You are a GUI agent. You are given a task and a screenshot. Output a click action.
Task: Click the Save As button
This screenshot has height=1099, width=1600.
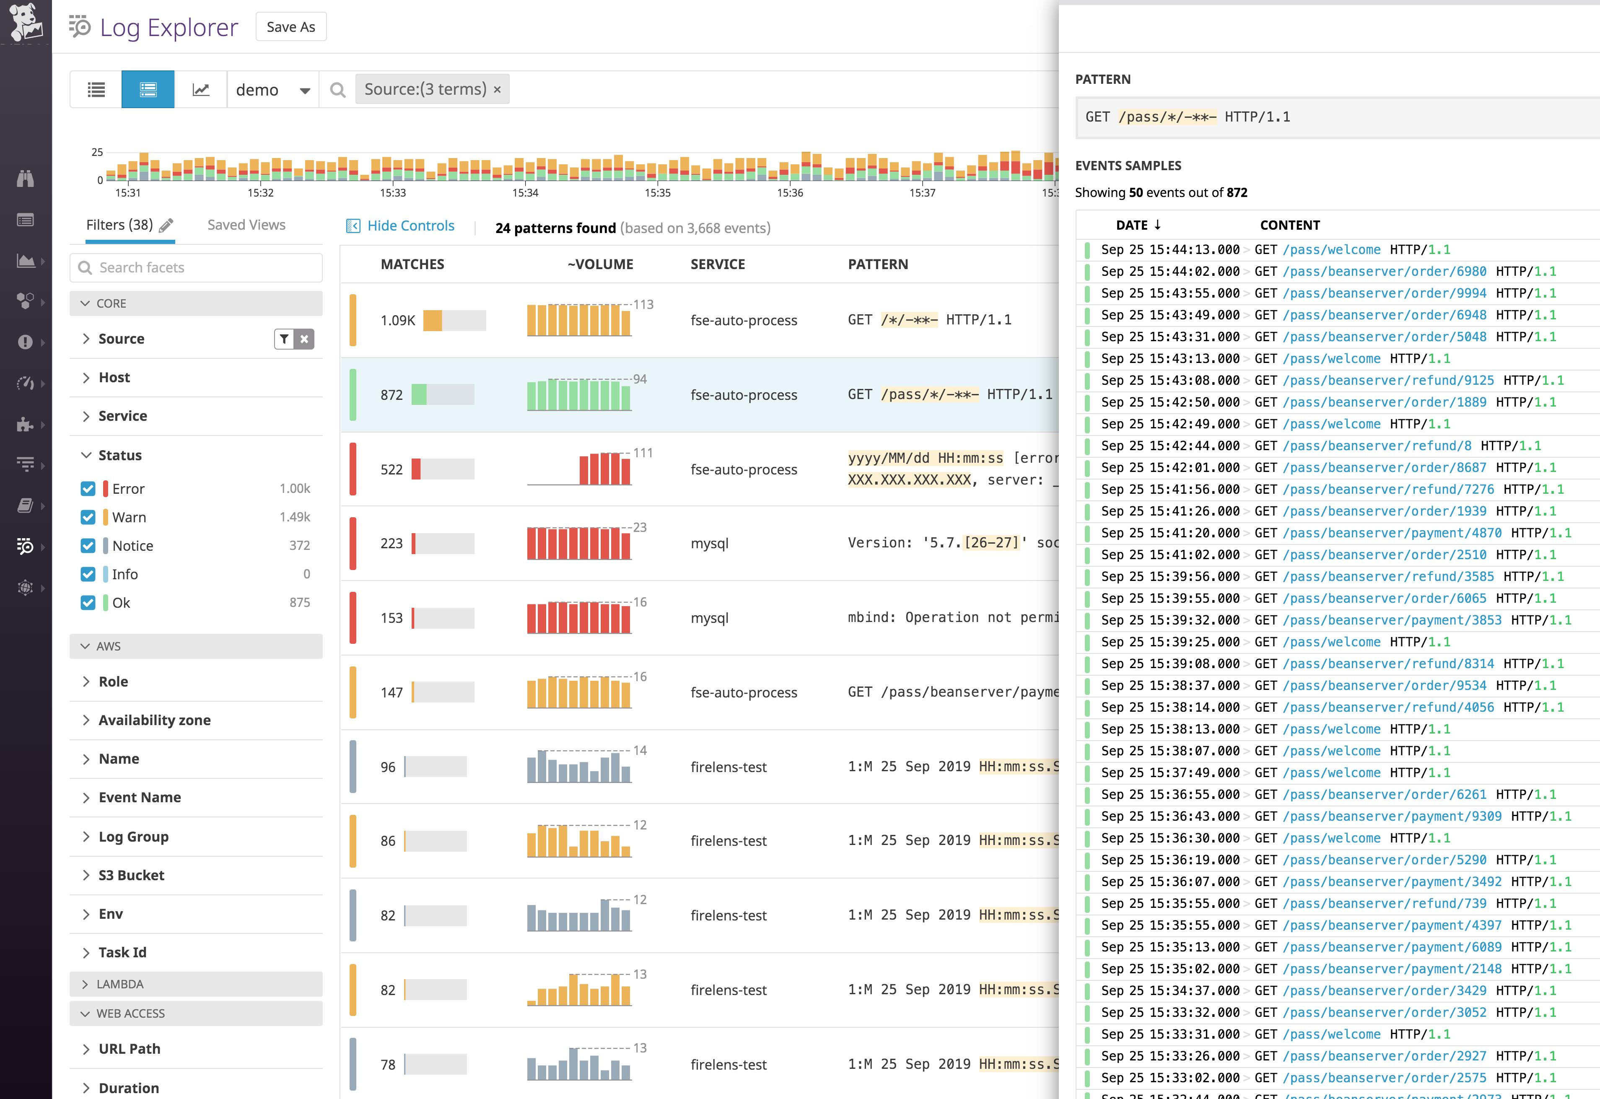click(290, 27)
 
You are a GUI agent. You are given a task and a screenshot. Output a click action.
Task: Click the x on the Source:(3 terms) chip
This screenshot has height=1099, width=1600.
click(497, 90)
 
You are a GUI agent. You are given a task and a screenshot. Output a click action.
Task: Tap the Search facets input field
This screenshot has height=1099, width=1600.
click(196, 267)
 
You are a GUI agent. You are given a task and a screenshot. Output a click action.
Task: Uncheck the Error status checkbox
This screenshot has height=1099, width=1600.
click(88, 489)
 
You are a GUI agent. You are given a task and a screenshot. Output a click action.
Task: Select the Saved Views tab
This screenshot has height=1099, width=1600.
click(246, 225)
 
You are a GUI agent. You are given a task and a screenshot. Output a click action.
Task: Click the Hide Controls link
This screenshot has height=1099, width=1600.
click(410, 226)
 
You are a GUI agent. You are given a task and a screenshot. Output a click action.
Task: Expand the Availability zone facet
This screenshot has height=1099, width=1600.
click(154, 720)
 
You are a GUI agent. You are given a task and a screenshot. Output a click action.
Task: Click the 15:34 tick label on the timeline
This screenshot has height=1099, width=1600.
click(525, 193)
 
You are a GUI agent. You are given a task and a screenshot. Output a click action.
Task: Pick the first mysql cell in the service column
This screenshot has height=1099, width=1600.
click(709, 543)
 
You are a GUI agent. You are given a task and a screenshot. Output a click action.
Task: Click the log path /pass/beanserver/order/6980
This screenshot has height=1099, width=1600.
click(1385, 271)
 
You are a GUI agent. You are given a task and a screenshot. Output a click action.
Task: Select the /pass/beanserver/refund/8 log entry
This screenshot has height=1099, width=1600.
click(1377, 446)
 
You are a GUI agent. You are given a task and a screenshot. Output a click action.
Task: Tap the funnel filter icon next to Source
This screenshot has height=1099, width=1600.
click(284, 339)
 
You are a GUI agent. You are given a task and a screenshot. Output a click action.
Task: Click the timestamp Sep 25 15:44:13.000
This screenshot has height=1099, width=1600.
click(1170, 249)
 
